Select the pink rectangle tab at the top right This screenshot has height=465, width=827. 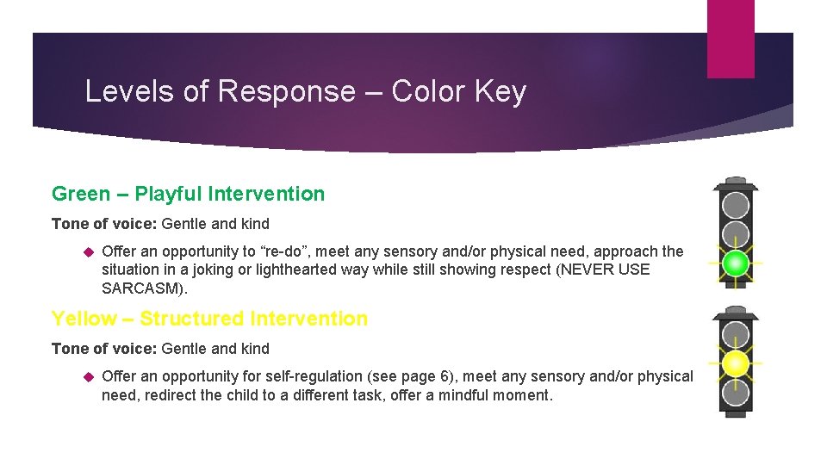(731, 38)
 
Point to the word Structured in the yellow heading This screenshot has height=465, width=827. (191, 319)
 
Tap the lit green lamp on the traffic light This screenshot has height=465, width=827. (735, 263)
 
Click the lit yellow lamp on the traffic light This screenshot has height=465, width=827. (735, 363)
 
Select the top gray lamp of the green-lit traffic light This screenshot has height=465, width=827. (735, 205)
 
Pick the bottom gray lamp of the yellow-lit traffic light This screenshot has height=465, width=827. (735, 394)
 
